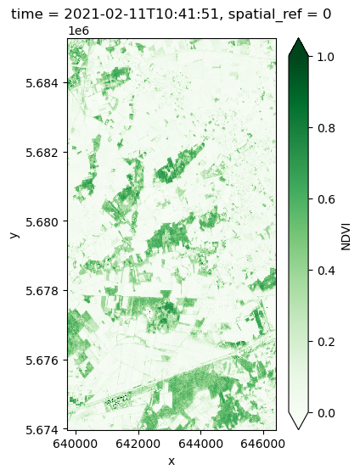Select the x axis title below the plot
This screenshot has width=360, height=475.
pos(172,461)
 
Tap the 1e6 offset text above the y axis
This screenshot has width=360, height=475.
pos(77,31)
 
